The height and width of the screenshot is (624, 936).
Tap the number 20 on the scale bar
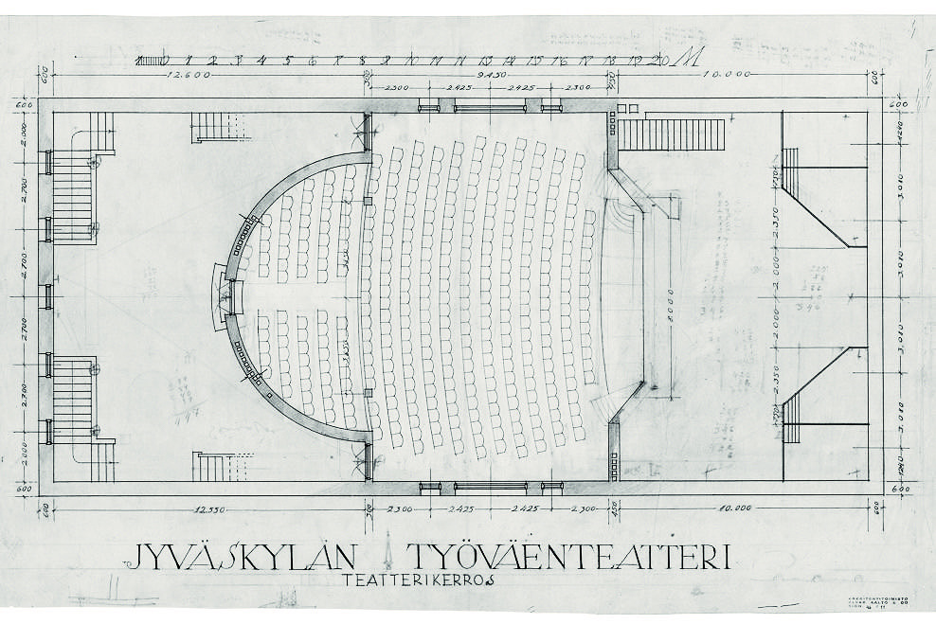[660, 61]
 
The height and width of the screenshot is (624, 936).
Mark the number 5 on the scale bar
[289, 61]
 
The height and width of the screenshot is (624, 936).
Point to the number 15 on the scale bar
[535, 61]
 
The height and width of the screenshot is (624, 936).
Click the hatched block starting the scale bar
[148, 61]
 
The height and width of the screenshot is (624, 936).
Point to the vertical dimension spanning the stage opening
[671, 295]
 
